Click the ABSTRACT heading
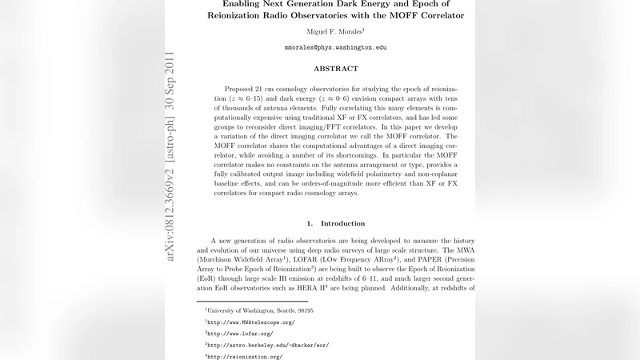coord(335,69)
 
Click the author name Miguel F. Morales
coord(334,31)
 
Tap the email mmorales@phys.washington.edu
coord(335,48)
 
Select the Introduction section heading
coord(336,222)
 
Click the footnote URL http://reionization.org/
coord(245,356)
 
